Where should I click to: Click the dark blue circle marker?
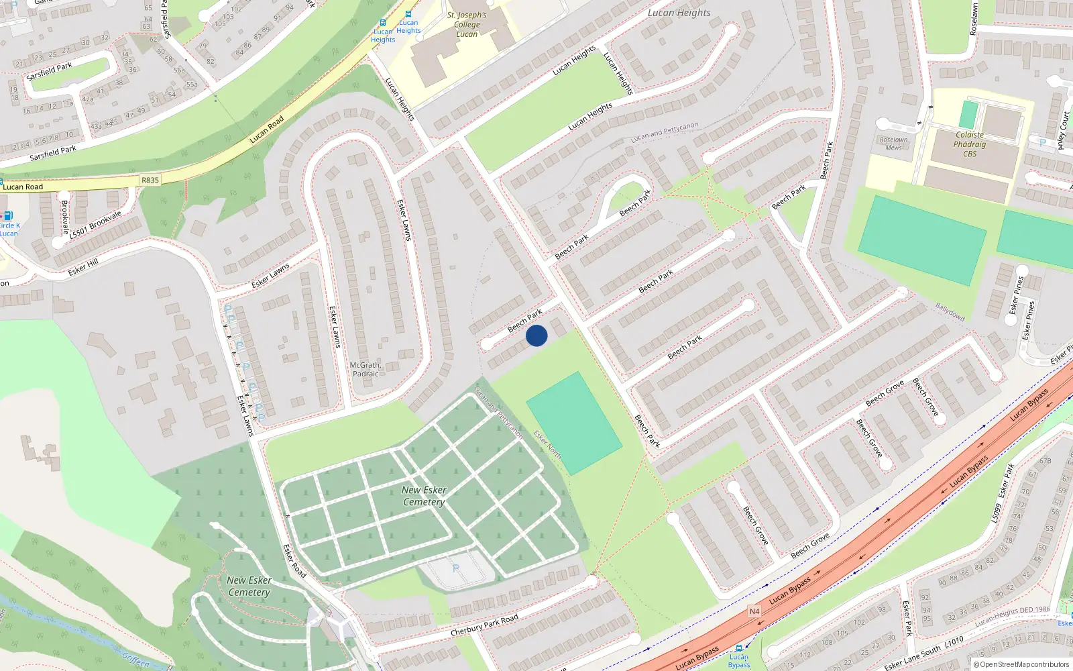tap(536, 335)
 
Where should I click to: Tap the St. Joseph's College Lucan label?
tap(467, 25)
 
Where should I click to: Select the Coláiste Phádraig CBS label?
tap(970, 144)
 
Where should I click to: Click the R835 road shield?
tap(150, 180)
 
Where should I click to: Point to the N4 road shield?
tap(754, 611)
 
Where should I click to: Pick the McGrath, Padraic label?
tap(365, 370)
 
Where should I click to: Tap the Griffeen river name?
tap(135, 660)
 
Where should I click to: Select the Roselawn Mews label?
tap(893, 144)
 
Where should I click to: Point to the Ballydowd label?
tap(950, 311)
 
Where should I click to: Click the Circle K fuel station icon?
tap(7, 215)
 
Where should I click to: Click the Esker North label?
tap(547, 445)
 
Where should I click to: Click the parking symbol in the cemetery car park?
tap(456, 568)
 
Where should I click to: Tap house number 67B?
tap(1045, 461)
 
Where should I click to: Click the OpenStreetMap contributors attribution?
tap(1021, 664)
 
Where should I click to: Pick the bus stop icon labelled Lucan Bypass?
tap(738, 648)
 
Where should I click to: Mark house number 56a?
tap(178, 70)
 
